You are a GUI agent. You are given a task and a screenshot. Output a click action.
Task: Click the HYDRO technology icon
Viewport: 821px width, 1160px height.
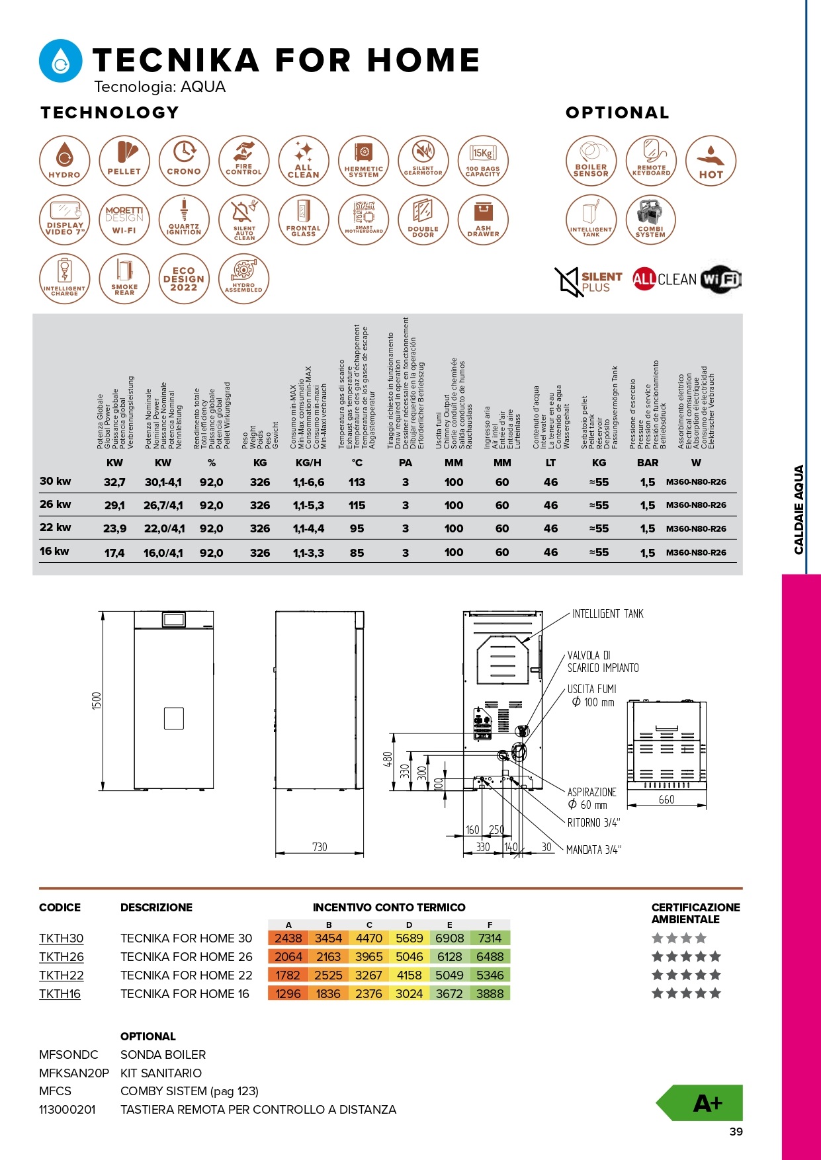coord(64,161)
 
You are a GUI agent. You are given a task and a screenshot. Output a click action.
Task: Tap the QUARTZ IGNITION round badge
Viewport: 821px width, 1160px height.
coord(184,220)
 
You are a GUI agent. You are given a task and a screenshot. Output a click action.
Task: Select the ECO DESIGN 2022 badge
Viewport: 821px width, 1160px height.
coord(184,278)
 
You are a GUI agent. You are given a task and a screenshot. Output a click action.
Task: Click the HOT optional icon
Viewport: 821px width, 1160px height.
coord(711,161)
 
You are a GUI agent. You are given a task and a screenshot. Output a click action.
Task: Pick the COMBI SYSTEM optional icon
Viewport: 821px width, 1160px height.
coord(651,220)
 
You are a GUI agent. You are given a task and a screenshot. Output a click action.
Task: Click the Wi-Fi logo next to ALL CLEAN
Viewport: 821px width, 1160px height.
coord(721,279)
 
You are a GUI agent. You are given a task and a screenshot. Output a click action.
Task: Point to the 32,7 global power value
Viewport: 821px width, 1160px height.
coord(114,482)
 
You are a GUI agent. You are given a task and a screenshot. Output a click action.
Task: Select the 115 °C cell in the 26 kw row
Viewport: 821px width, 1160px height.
coord(357,505)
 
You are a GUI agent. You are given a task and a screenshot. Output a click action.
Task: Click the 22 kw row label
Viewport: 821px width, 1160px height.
coord(55,528)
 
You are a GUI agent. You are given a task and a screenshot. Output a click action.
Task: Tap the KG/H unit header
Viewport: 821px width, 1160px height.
coord(308,463)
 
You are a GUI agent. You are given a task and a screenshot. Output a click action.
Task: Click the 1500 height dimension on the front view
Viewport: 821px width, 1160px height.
coord(97,701)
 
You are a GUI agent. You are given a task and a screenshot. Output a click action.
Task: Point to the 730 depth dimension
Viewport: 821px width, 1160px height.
coord(320,847)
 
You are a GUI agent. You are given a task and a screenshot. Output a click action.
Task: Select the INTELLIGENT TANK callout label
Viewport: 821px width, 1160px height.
coord(607,614)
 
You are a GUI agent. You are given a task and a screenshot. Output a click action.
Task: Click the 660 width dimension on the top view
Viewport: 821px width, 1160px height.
coord(667,800)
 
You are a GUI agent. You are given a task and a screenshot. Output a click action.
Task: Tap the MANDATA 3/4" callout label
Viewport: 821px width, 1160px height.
coord(593,850)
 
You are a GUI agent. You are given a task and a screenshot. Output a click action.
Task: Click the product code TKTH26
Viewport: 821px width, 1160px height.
coord(62,957)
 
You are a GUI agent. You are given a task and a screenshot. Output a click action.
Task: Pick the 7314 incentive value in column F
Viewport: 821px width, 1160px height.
coord(490,938)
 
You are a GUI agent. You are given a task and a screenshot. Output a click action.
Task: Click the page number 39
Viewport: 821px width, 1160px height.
coord(736,1132)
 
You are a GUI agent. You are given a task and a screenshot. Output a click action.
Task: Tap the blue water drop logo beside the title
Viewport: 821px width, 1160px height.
coord(61,61)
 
